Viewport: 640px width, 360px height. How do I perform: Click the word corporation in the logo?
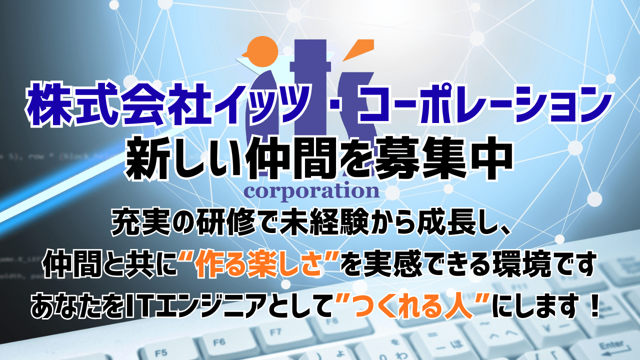310,191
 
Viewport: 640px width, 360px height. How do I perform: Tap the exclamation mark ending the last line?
594,303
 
